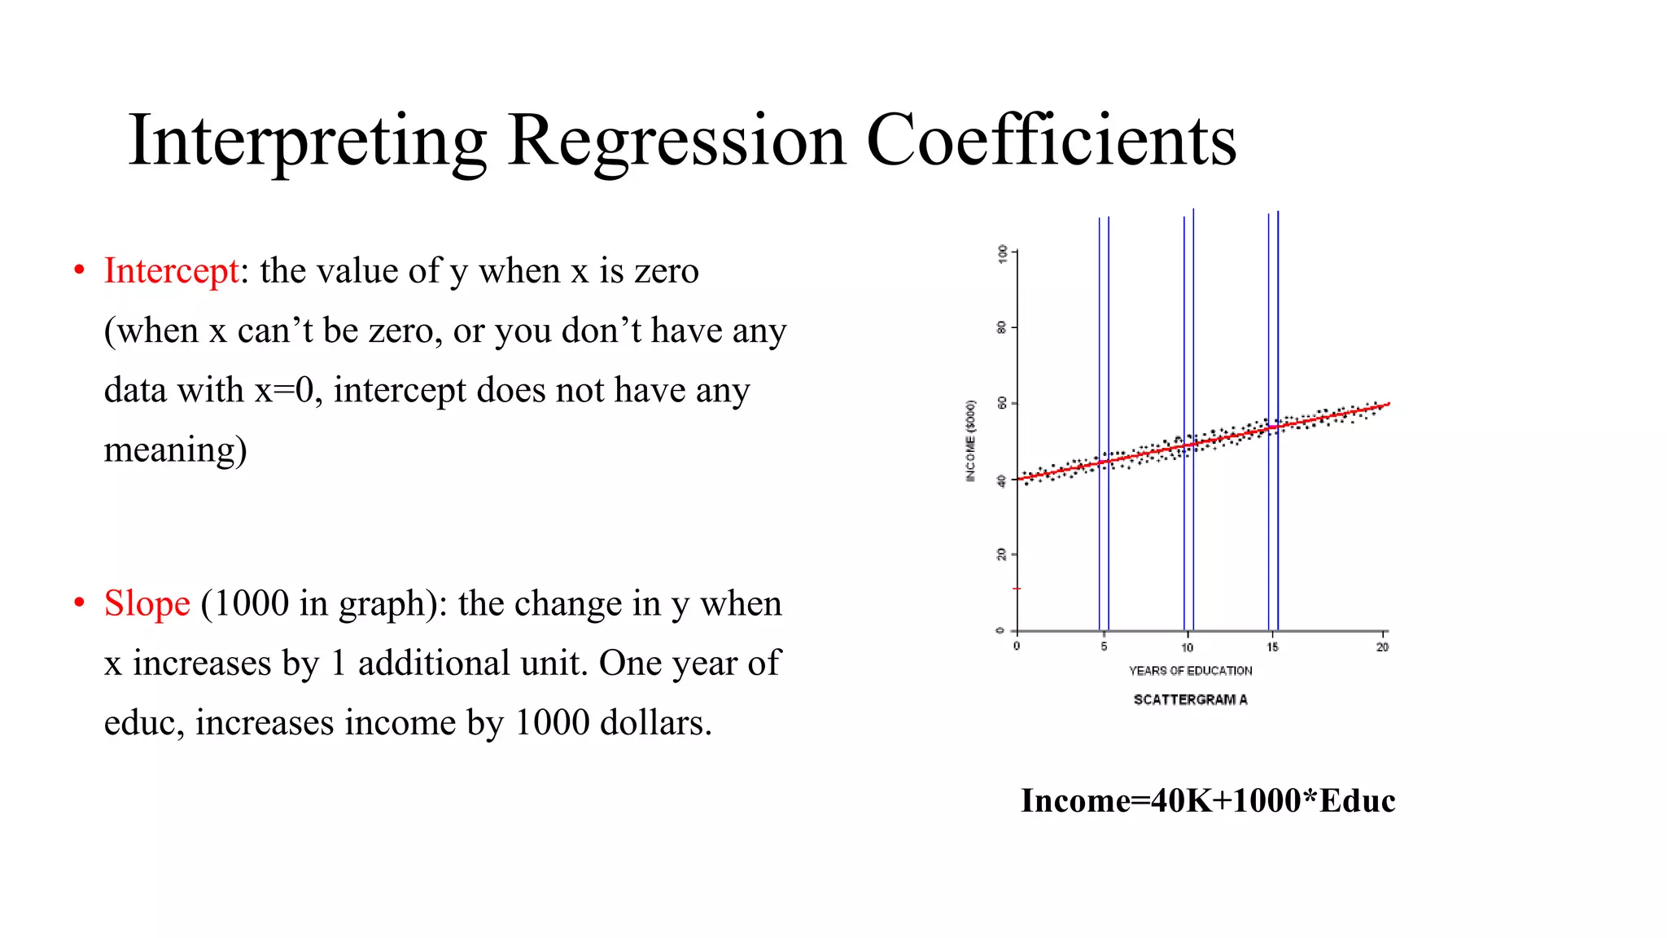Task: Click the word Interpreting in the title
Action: click(307, 141)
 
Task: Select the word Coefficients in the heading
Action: click(1051, 141)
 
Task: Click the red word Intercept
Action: click(171, 271)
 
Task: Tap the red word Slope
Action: click(147, 604)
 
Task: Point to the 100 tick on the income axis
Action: click(1003, 252)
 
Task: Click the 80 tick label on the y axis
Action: click(1002, 327)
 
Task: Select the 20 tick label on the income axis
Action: click(1002, 554)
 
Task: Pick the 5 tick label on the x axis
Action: click(1104, 647)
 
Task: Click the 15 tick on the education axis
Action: click(1272, 647)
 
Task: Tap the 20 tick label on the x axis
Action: click(1382, 647)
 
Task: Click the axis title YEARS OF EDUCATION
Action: click(1190, 671)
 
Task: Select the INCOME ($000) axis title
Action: click(970, 441)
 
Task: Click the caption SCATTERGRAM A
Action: click(1190, 699)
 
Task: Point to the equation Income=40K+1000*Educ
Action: click(1208, 801)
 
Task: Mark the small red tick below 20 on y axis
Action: click(1017, 588)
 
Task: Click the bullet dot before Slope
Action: click(79, 603)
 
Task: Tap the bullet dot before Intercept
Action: click(79, 270)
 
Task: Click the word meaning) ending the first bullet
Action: click(175, 450)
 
